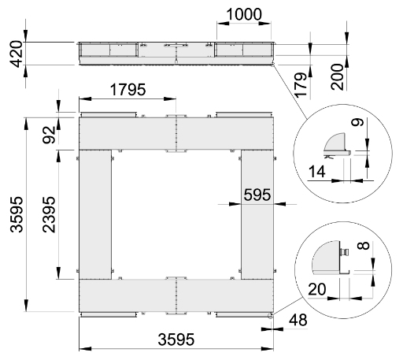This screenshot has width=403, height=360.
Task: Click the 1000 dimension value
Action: [244, 14]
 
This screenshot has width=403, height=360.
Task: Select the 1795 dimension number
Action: [128, 90]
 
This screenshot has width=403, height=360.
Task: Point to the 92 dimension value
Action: [49, 135]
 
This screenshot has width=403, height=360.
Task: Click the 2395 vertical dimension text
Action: [49, 214]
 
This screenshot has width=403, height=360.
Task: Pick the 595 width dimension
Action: [257, 195]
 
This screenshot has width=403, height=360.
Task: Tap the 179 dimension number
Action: [301, 84]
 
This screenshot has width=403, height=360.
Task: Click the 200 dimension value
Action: [337, 77]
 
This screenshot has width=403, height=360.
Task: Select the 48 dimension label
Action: [298, 320]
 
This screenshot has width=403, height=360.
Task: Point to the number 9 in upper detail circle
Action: [357, 122]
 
